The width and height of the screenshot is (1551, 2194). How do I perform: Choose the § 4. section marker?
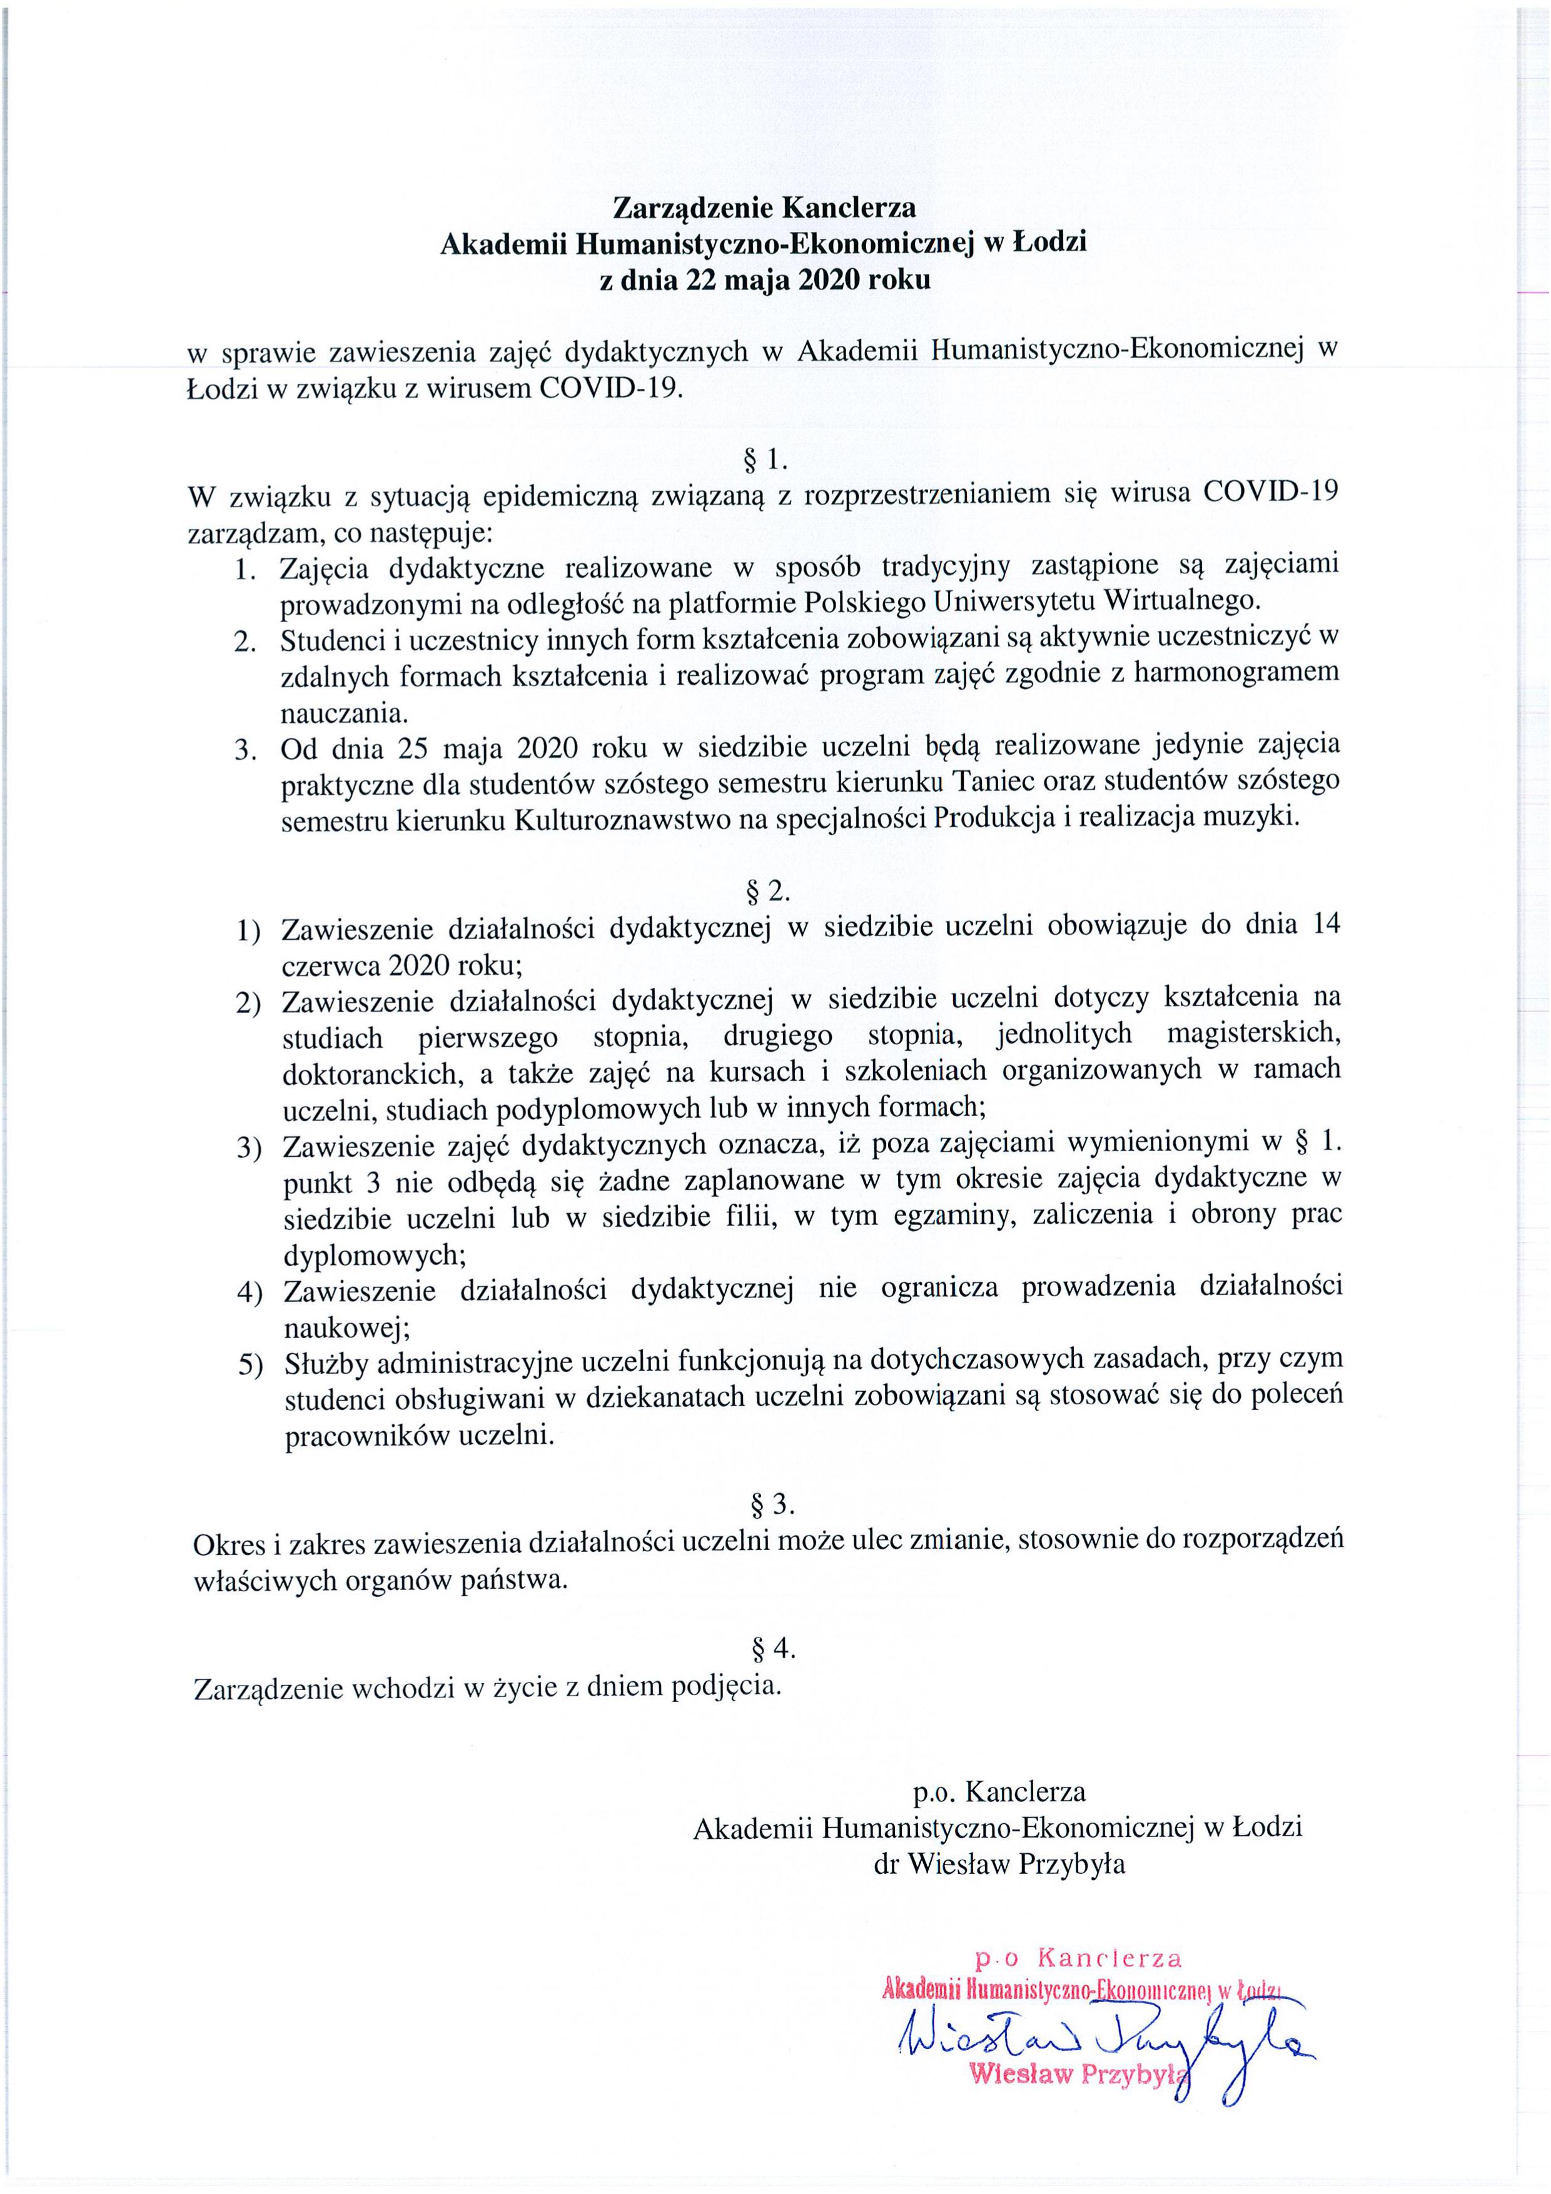[773, 1648]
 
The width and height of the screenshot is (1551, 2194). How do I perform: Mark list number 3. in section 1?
[246, 748]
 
